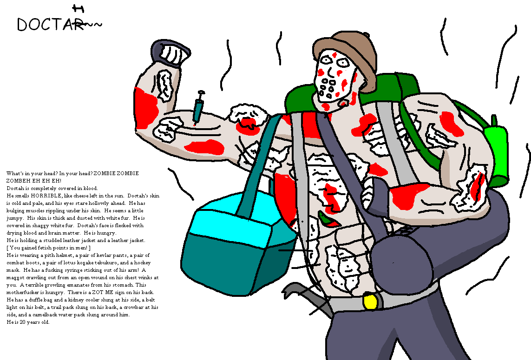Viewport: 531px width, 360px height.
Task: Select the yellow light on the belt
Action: (x=370, y=301)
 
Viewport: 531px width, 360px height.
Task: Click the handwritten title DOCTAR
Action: (x=51, y=25)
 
